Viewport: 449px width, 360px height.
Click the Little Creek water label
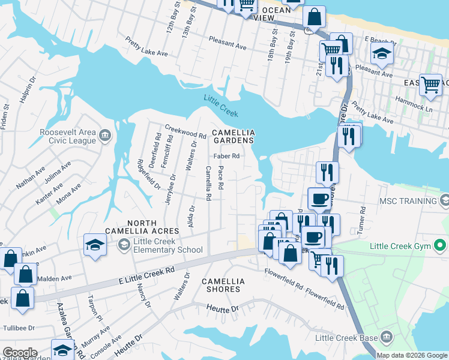[x=221, y=107]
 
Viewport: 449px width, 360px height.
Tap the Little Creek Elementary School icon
[x=123, y=244]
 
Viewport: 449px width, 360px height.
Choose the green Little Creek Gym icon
[x=441, y=245]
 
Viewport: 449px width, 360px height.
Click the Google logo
[x=20, y=353]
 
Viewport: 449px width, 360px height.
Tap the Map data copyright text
[x=412, y=355]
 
